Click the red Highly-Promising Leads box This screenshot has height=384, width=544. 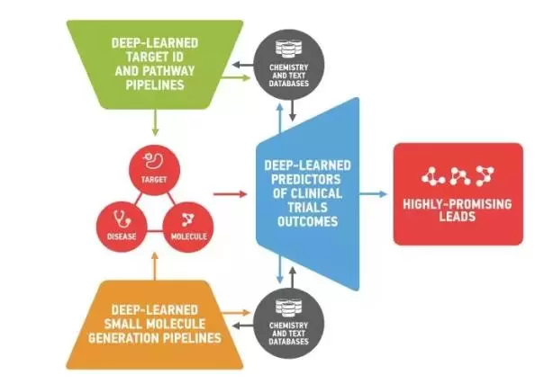tap(458, 192)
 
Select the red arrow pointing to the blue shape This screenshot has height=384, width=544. tap(230, 192)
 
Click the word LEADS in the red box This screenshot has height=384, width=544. tap(458, 216)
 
